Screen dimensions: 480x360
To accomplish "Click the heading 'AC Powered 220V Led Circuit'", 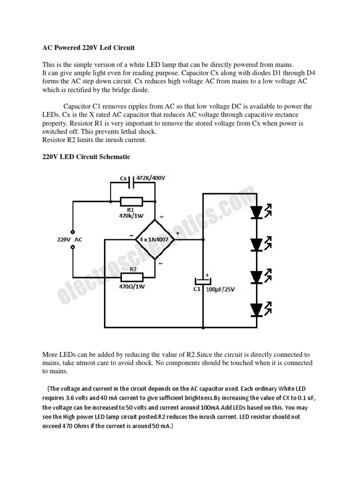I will (88, 48).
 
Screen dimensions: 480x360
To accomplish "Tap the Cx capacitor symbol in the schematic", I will (132, 180).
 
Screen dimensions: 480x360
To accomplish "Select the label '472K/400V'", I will (151, 179).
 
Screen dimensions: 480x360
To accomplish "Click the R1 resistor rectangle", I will (132, 202).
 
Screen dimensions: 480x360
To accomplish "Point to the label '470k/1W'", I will (132, 217).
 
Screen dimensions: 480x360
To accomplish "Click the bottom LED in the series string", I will (256, 309).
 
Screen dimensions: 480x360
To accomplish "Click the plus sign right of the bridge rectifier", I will (178, 232).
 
